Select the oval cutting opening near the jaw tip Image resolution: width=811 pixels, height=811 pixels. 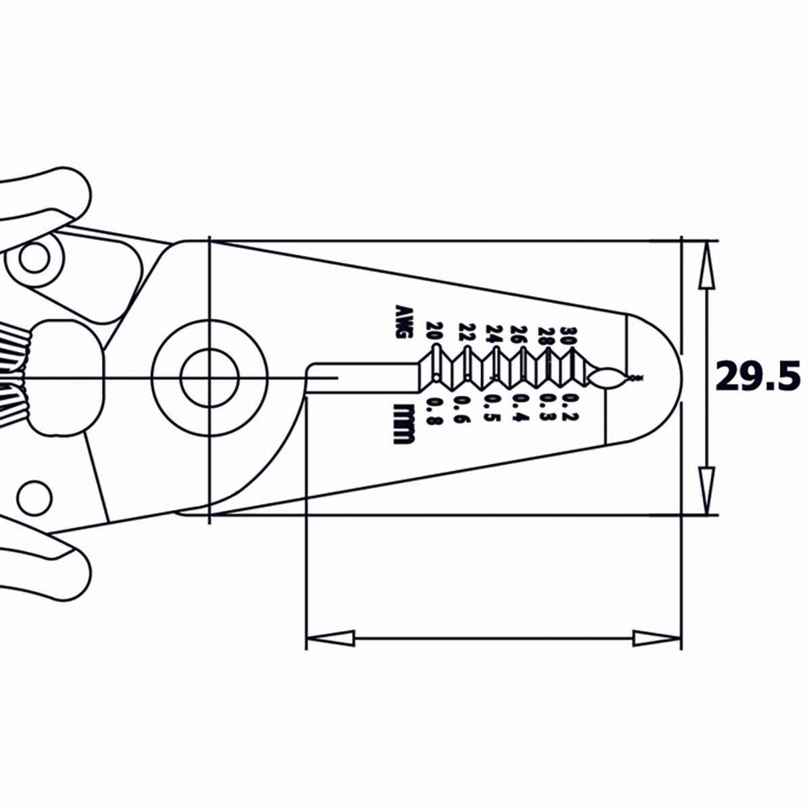point(608,378)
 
